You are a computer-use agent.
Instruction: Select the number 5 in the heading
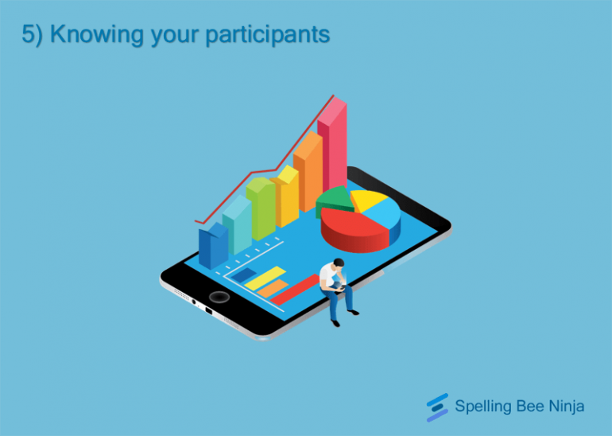[27, 35]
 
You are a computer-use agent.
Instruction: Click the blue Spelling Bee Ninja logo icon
[437, 407]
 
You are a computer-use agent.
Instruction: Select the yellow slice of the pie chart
[366, 199]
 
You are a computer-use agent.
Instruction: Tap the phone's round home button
[219, 297]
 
